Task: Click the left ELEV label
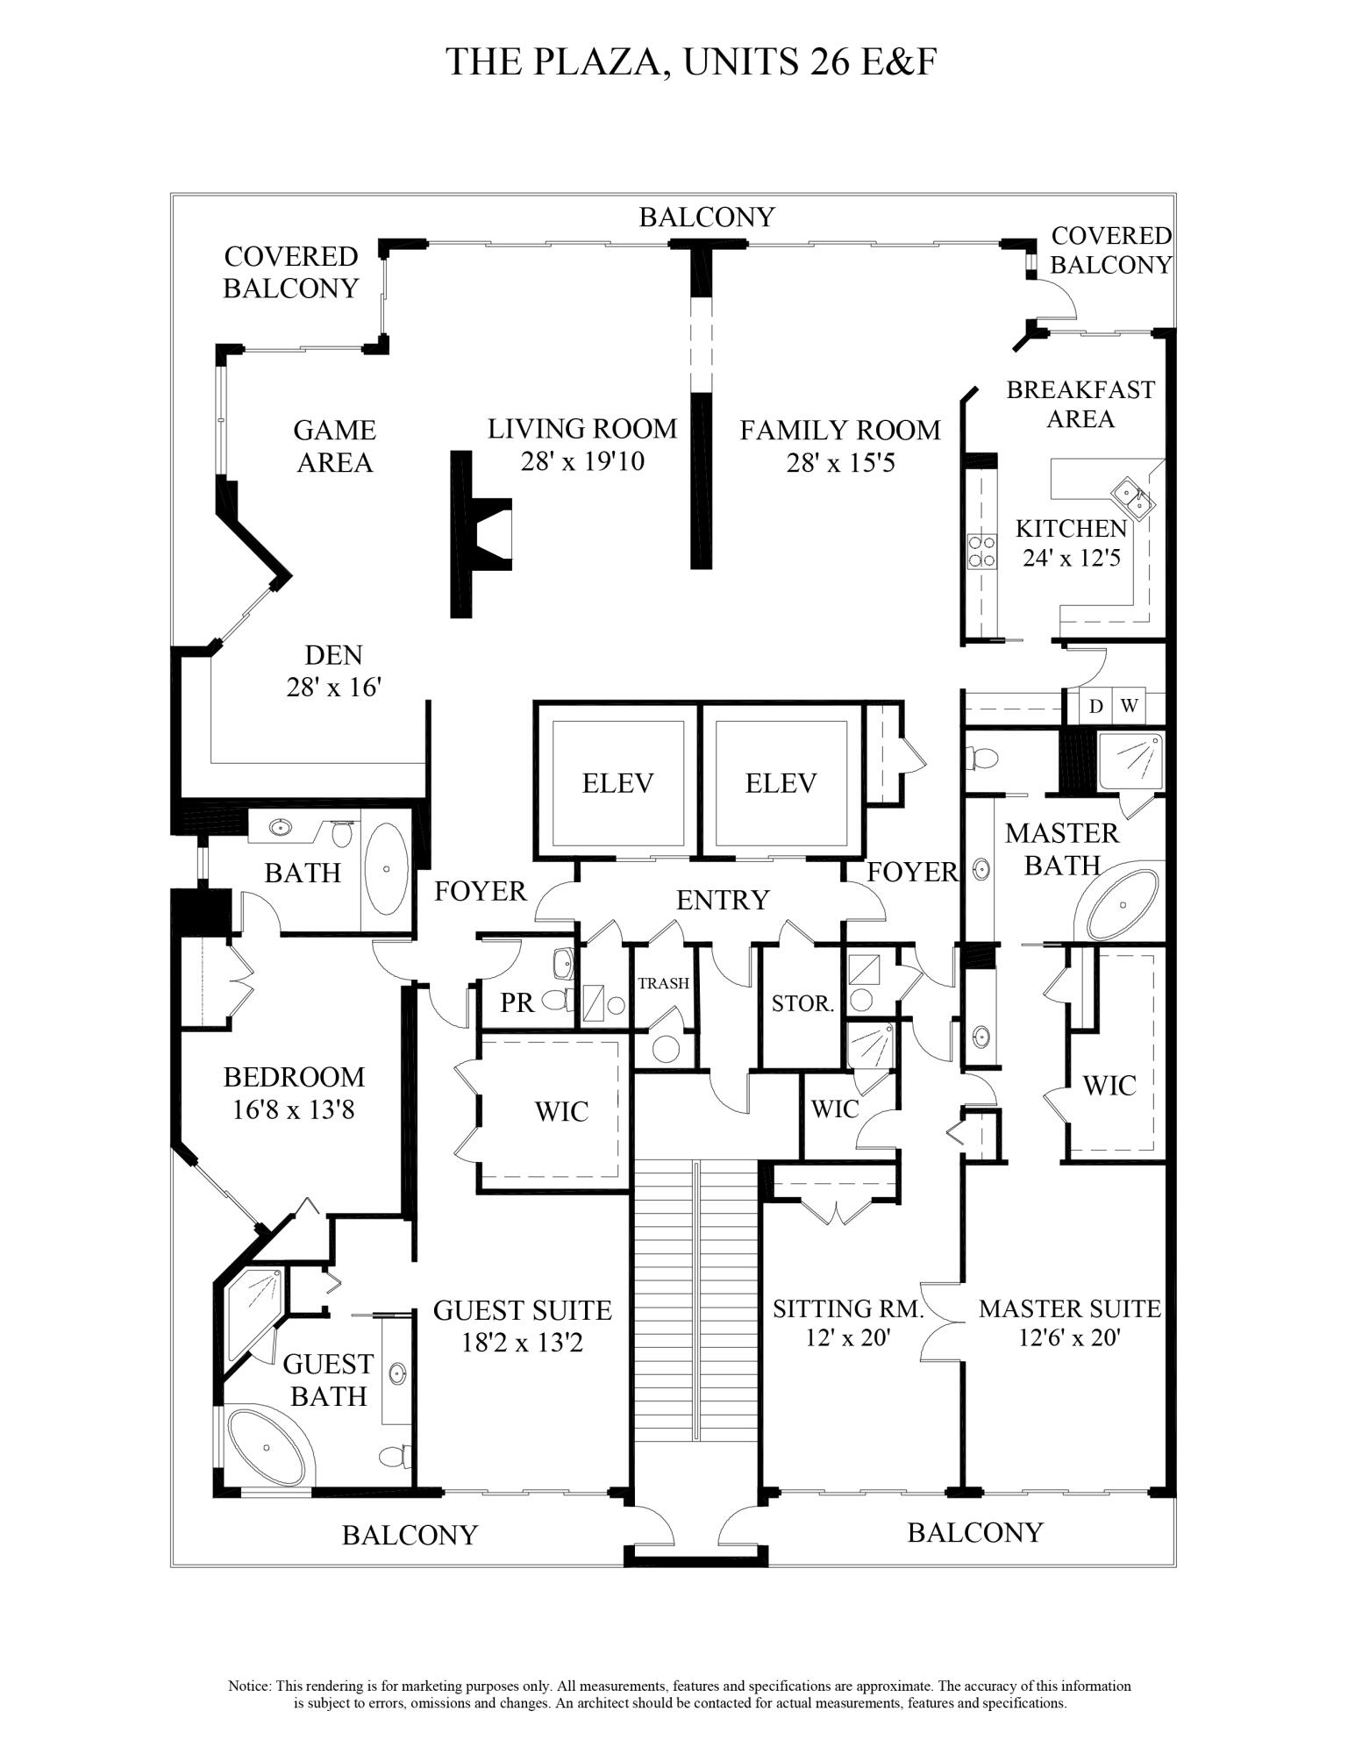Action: [617, 783]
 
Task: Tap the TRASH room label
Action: [663, 983]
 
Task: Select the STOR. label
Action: [802, 1003]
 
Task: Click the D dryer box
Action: [1095, 706]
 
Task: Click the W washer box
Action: [1130, 706]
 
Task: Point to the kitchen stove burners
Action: [981, 552]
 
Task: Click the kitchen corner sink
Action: [1132, 499]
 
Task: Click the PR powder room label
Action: [517, 1002]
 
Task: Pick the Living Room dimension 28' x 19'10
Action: [582, 461]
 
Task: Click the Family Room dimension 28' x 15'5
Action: [840, 463]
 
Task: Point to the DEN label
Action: [333, 655]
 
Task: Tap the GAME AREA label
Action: [334, 446]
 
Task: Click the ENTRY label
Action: [722, 900]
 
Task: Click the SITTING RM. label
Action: [848, 1309]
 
